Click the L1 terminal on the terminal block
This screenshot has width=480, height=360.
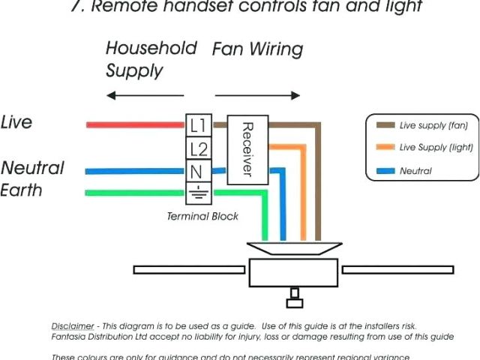198,124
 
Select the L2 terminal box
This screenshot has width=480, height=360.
198,148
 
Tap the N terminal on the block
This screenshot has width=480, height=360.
198,171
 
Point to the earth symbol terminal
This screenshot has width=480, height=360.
198,193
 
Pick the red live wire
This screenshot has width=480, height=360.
135,124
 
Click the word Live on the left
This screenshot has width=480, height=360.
17,122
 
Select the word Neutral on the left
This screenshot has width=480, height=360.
33,167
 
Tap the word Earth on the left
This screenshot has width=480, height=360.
22,190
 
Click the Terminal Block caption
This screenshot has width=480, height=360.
202,216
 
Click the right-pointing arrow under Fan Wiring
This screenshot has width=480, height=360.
258,95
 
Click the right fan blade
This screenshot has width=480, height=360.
397,268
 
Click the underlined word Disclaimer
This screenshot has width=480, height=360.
73,326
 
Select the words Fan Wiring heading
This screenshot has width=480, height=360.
257,50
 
